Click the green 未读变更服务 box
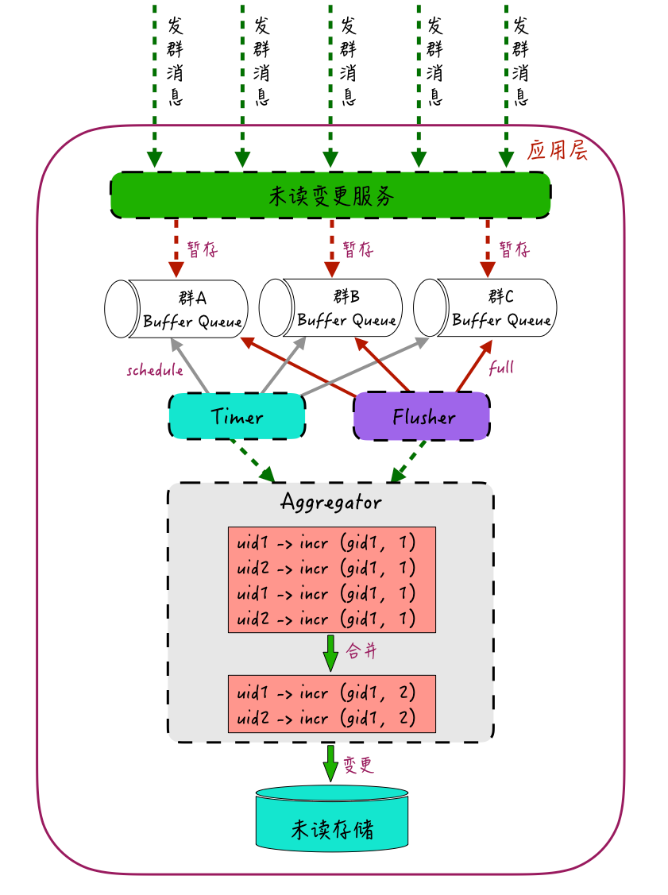coord(330,195)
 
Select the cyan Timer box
coord(237,416)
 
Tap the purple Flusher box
coord(422,416)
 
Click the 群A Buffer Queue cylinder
coord(176,309)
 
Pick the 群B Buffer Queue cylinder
coord(330,307)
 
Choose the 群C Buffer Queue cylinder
coord(485,307)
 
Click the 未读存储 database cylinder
coord(332,819)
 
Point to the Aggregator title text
coord(331,502)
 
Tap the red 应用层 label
coord(557,150)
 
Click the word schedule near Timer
coord(155,370)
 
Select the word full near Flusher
coord(501,367)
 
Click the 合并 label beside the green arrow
coord(361,650)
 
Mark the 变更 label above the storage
coord(358,765)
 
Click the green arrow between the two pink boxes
coord(330,653)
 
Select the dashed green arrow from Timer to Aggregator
coord(253,461)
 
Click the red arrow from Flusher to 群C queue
coord(474,366)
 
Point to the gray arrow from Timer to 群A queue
coord(190,366)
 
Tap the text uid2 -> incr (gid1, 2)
coord(326,718)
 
